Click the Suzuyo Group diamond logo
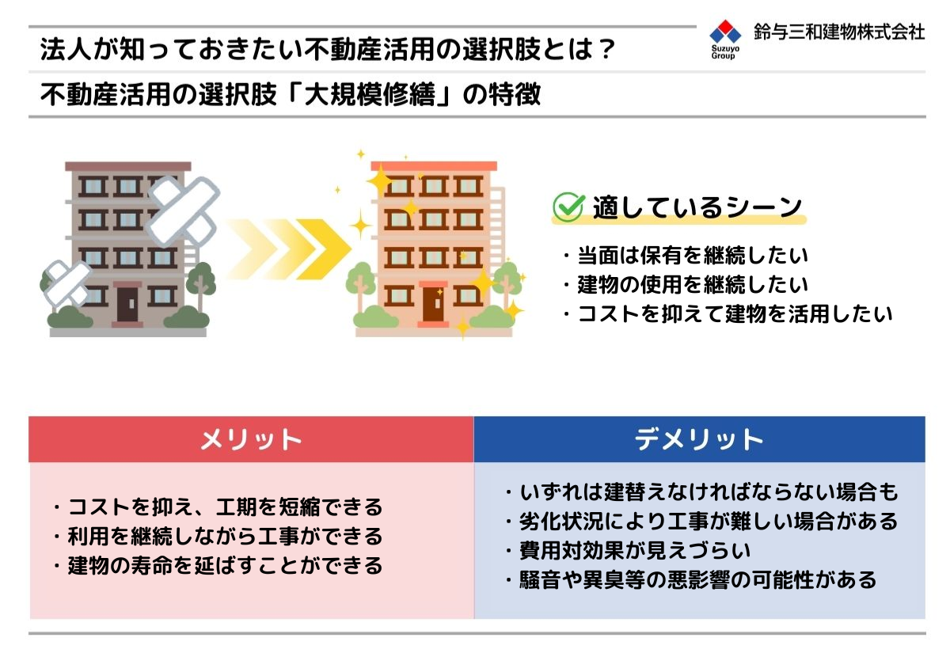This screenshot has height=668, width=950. (x=725, y=32)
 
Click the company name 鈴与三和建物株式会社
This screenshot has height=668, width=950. (x=839, y=32)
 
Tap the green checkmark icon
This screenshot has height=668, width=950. (x=568, y=207)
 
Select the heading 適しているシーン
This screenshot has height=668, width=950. (x=697, y=207)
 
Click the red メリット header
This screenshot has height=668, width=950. (x=251, y=439)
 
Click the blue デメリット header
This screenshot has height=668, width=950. (x=699, y=439)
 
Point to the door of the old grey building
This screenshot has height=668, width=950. (x=127, y=304)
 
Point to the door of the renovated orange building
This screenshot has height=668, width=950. (x=433, y=304)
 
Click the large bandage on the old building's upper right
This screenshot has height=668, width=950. (x=183, y=211)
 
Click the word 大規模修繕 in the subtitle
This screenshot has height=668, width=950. (x=370, y=94)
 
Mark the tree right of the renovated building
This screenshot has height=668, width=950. (x=507, y=284)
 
